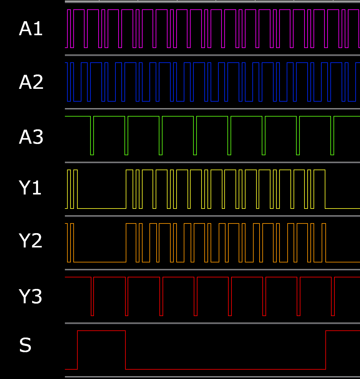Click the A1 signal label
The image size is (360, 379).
[31, 29]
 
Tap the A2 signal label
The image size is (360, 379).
[31, 82]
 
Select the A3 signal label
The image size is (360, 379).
[31, 137]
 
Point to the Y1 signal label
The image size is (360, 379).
[30, 188]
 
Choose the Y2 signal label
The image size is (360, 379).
[31, 241]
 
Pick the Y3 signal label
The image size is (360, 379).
[31, 296]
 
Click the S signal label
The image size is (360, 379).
[25, 345]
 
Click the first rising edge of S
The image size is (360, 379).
[77, 350]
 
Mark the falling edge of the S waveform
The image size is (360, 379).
[125, 350]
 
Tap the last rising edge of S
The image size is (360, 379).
[326, 350]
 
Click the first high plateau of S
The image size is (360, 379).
[101, 331]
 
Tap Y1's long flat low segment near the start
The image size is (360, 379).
[102, 208]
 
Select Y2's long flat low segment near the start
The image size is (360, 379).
[100, 262]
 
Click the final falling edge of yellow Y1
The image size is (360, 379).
[325, 189]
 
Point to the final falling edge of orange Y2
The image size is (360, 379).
[326, 243]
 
